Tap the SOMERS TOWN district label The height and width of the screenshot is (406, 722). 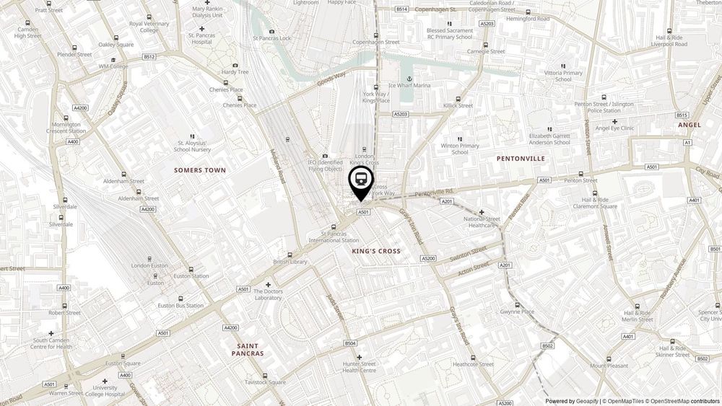pos(200,170)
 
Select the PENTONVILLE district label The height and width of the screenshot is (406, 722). pos(521,158)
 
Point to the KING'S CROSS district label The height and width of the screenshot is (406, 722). pos(376,251)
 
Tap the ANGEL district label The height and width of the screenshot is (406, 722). pos(690,125)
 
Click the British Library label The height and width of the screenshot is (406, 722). pos(290,262)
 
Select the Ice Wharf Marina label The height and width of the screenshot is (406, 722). pos(409,86)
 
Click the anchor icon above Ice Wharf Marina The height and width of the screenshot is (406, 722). pos(409,76)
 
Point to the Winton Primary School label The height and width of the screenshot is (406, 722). pos(460,149)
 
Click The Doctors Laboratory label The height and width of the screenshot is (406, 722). pos(268,294)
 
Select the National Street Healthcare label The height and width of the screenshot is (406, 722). pos(482,221)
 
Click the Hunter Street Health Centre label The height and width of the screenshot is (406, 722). pos(359,367)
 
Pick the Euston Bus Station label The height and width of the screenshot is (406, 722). pos(180,306)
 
